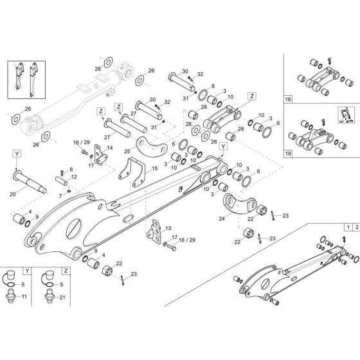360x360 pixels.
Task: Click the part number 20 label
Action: (13, 194)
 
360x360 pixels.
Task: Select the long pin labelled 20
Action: (32, 177)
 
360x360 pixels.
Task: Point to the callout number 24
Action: (223, 219)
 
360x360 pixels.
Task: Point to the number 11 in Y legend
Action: (25, 296)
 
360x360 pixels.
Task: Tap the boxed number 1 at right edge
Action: (347, 227)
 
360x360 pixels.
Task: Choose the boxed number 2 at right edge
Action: (355, 227)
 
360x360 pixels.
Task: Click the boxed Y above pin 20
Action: (15, 154)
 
